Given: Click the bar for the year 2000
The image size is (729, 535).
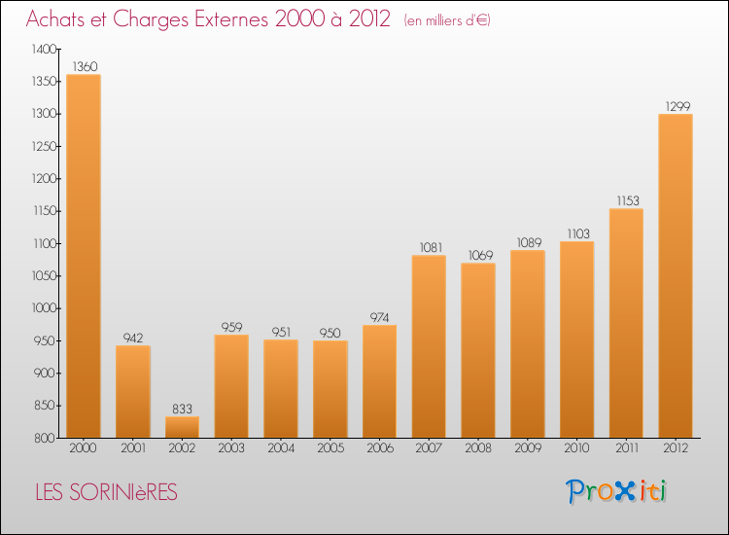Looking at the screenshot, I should (83, 256).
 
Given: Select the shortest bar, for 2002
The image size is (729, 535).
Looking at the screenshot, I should (182, 427).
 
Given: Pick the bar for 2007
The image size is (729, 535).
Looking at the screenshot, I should (429, 346).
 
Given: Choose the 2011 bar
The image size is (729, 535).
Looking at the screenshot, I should (626, 323).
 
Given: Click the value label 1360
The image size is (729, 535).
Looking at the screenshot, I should (83, 67).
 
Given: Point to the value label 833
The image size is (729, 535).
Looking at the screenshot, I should (182, 410).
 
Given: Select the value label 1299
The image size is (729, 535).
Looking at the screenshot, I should (676, 106).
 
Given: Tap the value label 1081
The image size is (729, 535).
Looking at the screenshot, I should (429, 247).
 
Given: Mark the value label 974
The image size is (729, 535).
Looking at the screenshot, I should (379, 317).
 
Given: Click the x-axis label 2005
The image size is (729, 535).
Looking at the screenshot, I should (330, 449).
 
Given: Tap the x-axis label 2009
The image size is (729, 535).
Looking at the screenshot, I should (528, 449).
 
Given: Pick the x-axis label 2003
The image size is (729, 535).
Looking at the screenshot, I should (231, 449).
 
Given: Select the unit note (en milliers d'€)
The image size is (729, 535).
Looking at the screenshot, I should (447, 20).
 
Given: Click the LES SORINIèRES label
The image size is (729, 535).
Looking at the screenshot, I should (106, 493).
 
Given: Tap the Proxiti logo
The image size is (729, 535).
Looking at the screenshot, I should (617, 492).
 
